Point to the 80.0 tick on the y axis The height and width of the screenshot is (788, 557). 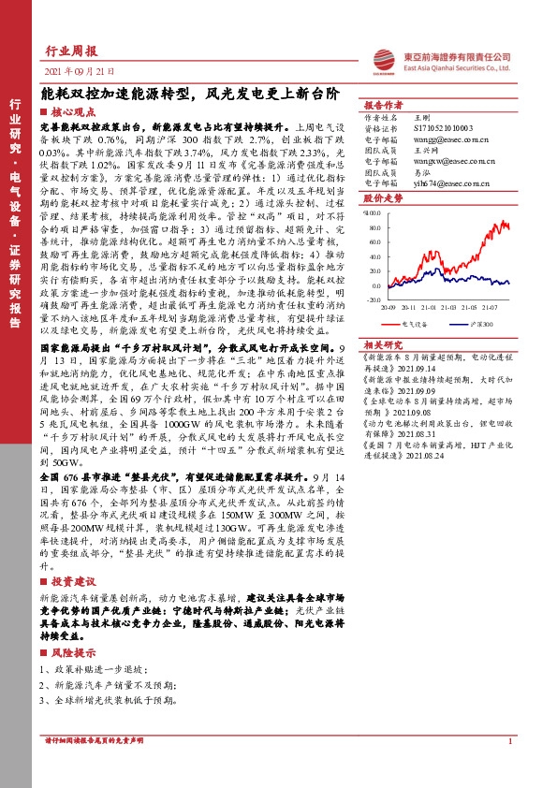click(x=373, y=212)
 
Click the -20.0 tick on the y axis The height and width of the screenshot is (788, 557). click(x=373, y=286)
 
